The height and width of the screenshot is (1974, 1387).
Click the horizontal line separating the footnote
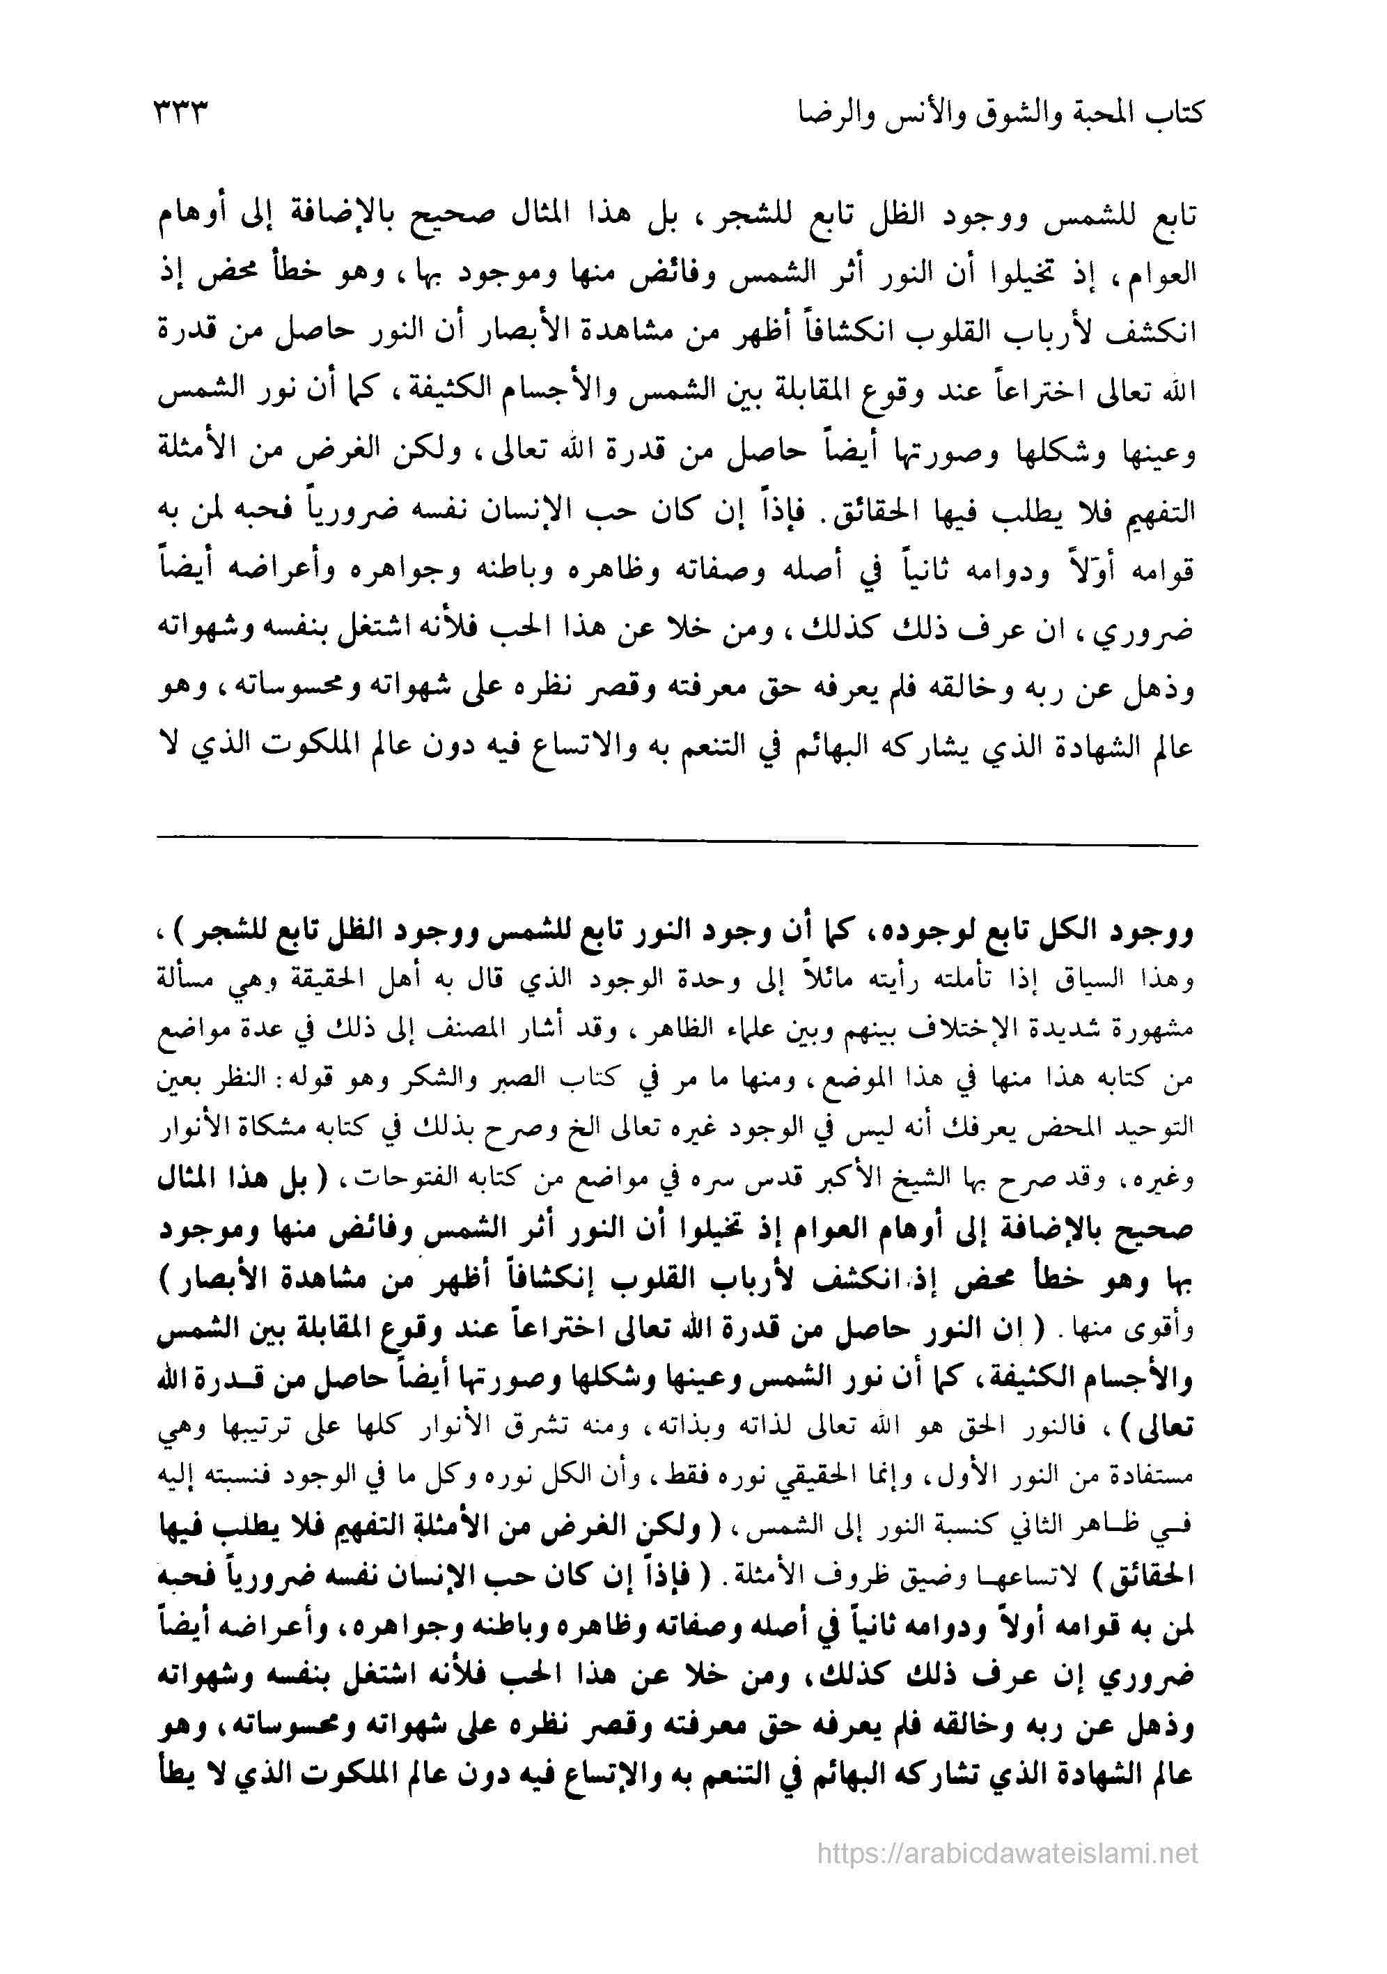(x=676, y=847)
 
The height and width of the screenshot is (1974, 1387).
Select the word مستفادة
(x=1156, y=1475)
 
